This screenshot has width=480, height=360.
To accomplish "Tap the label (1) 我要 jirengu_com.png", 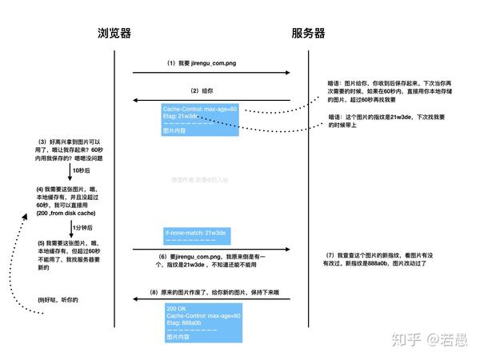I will click(202, 62).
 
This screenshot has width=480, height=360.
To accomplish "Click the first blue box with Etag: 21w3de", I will click(199, 119).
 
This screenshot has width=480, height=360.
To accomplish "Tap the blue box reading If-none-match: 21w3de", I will click(199, 235).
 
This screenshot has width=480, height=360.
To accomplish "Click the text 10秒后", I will click(81, 170).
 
